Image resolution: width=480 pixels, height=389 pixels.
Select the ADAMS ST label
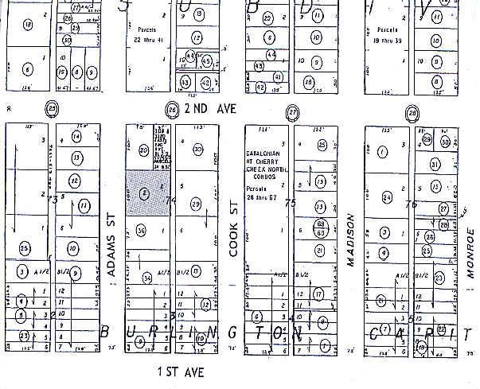pos(113,239)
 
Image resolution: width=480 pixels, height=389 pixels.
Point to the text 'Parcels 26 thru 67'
pos(264,195)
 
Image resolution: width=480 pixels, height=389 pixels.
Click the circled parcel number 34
pos(148,278)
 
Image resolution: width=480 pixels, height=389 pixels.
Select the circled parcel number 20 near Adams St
pos(144,150)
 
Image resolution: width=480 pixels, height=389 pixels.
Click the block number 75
pos(291,204)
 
